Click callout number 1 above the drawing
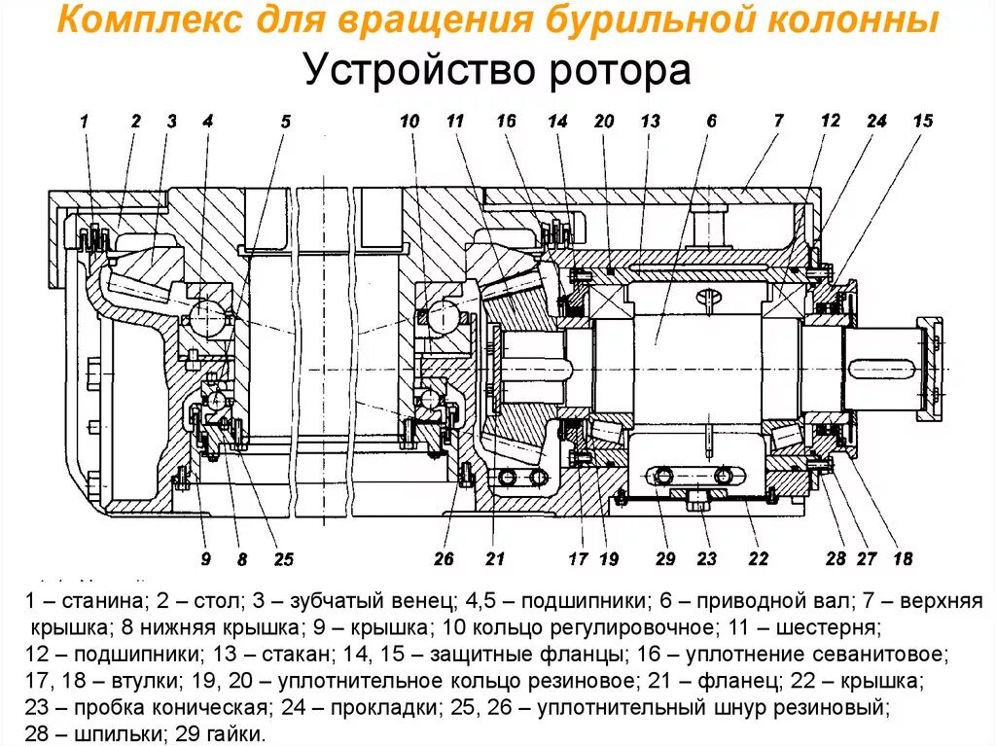coord(85,122)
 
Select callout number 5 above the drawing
coord(285,122)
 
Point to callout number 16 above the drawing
coord(505,121)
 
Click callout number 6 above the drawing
coord(711,121)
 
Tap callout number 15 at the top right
coord(922,121)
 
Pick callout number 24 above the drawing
coord(876,121)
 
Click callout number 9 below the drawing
coord(206,558)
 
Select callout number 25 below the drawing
coord(283,558)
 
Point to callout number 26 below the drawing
coord(444,558)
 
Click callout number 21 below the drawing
coord(496,558)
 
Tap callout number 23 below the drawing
coord(706,558)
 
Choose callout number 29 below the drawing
coord(665,558)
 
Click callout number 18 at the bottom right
coord(903,558)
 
